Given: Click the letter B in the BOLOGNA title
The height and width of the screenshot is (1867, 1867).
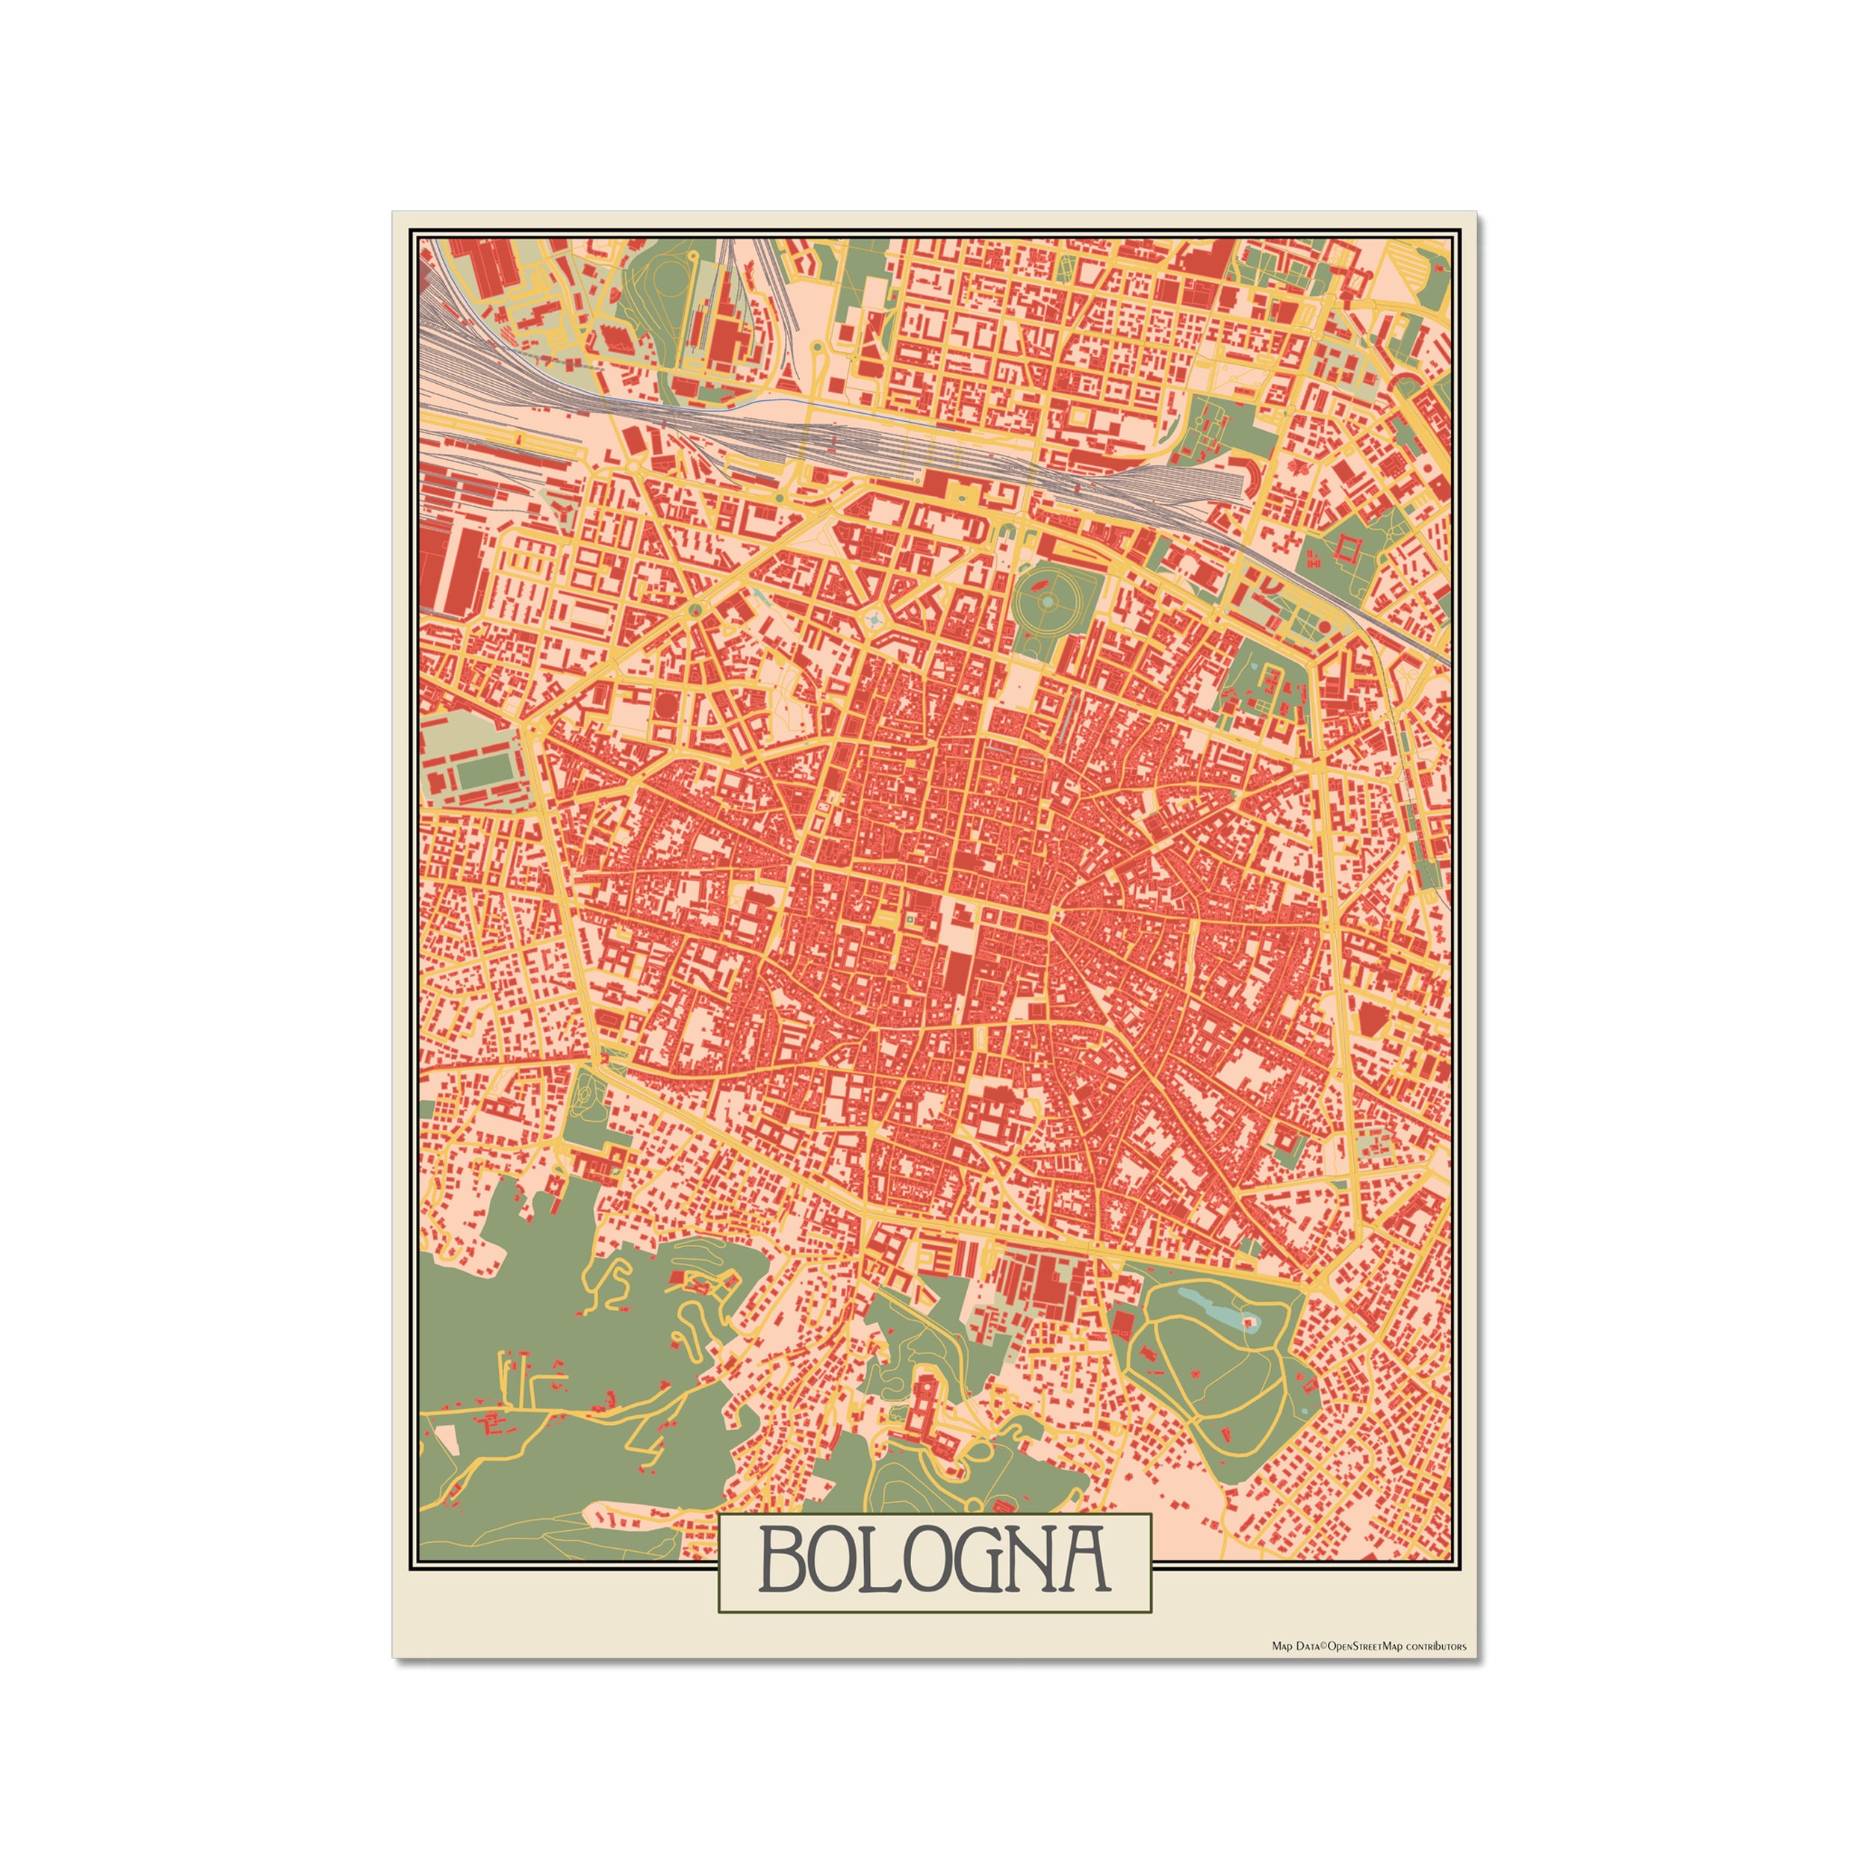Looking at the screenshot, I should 782,1559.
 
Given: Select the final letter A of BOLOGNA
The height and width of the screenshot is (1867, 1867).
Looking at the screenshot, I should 1081,1559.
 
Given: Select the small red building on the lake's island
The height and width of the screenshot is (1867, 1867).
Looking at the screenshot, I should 1249,1321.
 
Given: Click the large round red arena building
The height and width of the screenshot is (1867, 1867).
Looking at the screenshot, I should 667,706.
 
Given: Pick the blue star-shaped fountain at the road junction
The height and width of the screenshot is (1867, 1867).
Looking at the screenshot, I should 875,618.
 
